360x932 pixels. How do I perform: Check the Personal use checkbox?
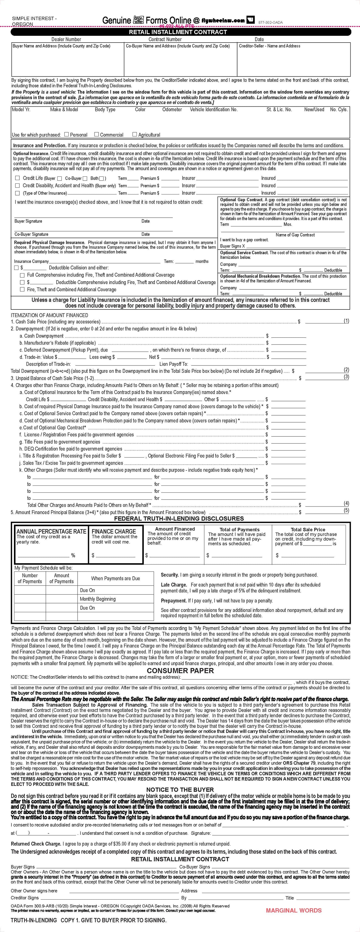click(67, 134)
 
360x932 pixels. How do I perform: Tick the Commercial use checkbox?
click(97, 134)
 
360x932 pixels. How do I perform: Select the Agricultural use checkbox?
click(135, 134)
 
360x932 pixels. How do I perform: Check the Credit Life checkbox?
click(17, 178)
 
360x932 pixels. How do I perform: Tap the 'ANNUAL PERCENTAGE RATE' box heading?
click(51, 531)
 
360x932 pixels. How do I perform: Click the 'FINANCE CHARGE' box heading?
click(114, 531)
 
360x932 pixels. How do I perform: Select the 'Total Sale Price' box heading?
click(308, 529)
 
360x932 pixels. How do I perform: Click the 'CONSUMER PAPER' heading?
click(180, 670)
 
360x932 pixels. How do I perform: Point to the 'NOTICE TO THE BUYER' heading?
click(180, 790)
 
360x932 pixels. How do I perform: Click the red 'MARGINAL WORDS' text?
click(293, 910)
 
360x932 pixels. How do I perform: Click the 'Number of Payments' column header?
click(30, 578)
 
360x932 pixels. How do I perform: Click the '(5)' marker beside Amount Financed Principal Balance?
click(346, 510)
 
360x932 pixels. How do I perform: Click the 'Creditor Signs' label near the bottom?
click(25, 898)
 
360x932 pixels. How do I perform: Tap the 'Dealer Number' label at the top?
click(66, 39)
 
